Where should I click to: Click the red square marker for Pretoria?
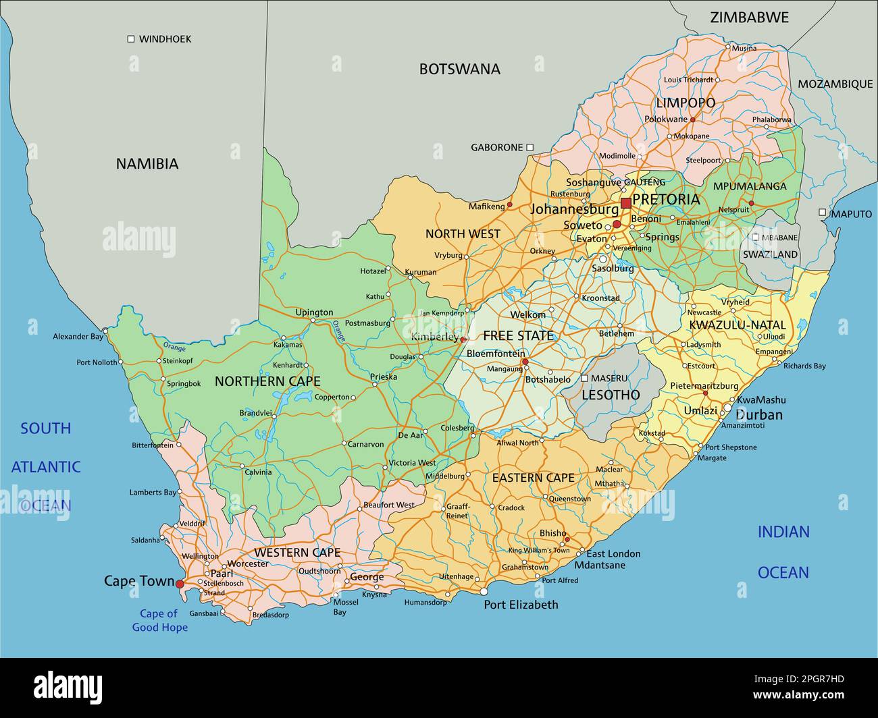pos(626,203)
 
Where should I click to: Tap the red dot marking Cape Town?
pos(180,584)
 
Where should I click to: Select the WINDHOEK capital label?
pos(165,39)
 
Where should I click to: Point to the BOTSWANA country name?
pos(459,69)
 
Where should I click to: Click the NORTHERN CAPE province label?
pos(267,381)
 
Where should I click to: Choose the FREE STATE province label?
pos(517,336)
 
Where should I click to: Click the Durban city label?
pos(758,414)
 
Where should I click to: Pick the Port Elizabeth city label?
pos(521,605)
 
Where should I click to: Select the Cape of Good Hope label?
pos(159,621)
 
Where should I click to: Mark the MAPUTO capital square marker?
pos(822,213)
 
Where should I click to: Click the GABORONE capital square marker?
pos(530,147)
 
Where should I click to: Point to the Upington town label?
pos(314,312)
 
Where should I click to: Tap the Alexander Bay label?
pos(78,336)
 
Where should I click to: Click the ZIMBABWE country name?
pos(749,18)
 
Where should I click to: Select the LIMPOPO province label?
pos(686,103)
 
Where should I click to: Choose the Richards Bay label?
pos(804,366)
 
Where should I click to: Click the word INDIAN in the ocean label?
pos(783,532)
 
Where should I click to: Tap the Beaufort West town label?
pos(388,505)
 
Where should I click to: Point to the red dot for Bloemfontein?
pos(525,362)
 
